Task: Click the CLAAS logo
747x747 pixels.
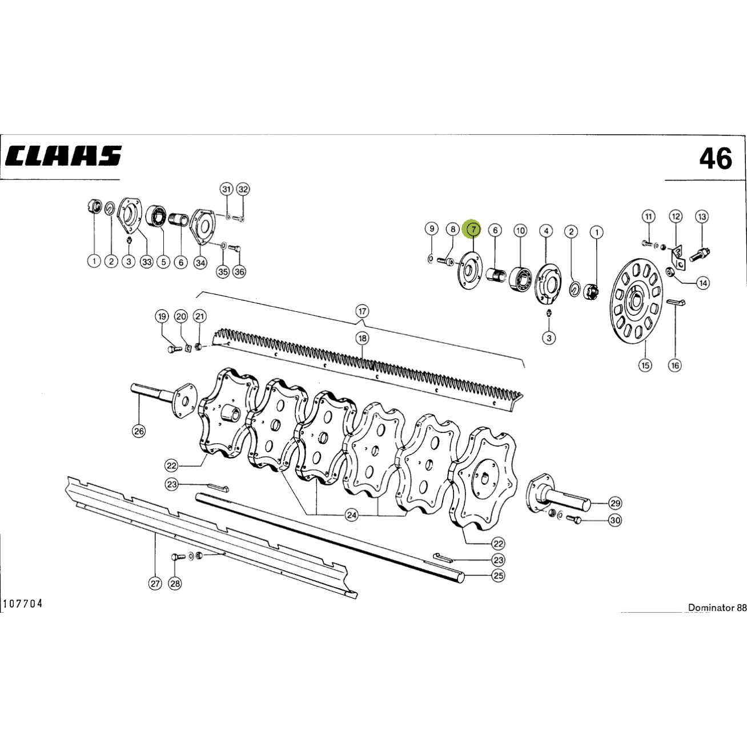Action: click(63, 156)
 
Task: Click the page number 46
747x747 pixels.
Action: click(716, 159)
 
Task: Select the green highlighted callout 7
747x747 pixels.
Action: click(473, 230)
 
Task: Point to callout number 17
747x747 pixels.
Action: click(362, 311)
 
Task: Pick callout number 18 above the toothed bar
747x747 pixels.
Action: click(363, 339)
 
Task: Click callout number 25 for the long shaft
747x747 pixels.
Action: click(498, 576)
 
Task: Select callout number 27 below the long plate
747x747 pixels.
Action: click(155, 584)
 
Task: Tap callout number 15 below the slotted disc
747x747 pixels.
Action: click(645, 365)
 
